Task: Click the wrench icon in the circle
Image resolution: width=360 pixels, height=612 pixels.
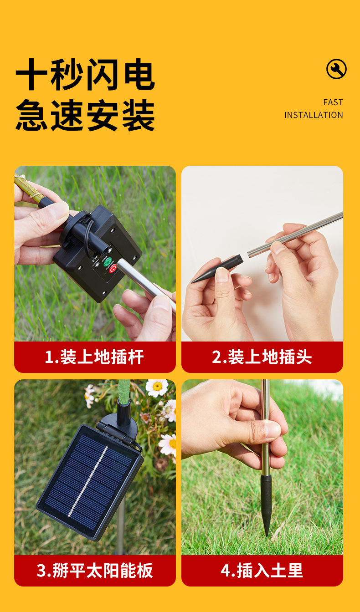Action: [336, 69]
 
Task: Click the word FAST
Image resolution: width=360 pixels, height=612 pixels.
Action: [333, 102]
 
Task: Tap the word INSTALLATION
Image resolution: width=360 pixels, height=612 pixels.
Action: [314, 115]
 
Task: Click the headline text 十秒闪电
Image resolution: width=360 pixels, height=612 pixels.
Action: [85, 74]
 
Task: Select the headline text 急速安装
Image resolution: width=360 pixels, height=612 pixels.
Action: [85, 115]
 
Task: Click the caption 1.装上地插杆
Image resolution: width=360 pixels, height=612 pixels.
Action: [94, 357]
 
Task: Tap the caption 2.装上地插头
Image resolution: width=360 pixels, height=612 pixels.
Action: [262, 357]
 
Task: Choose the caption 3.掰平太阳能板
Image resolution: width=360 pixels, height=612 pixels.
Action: [95, 571]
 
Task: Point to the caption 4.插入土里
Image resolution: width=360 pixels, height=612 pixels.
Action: [262, 571]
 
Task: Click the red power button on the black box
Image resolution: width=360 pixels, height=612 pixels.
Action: [113, 268]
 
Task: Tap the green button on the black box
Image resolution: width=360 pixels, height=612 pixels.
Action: [108, 262]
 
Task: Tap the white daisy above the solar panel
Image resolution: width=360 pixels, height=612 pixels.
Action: [157, 387]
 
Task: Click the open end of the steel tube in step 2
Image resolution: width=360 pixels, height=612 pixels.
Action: [249, 254]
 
